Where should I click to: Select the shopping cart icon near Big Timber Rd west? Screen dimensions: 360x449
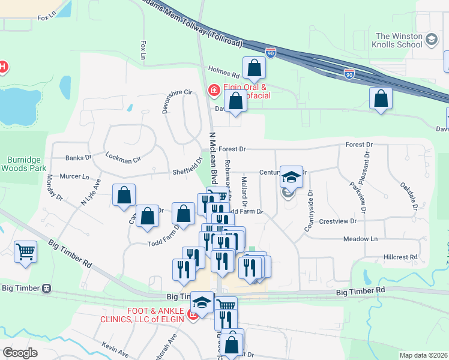26,252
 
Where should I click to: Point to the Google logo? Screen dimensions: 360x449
20,353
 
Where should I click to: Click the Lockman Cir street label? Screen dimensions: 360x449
122,160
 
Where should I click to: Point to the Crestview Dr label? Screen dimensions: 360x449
338,221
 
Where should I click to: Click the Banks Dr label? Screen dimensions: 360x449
78,158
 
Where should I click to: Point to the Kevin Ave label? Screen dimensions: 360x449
115,347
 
